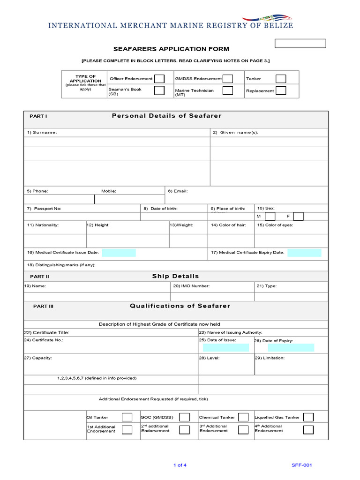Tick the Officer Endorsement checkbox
159,79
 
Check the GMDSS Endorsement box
228,79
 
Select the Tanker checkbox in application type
281,79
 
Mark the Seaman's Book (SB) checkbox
159,90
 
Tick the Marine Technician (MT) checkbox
228,90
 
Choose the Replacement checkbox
281,90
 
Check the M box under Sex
270,216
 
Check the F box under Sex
298,216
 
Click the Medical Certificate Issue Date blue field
119,253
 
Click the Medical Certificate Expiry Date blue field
304,253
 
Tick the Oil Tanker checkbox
127,417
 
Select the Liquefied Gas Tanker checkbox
308,417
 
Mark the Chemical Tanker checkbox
243,417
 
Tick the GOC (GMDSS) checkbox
185,417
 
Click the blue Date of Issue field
225,347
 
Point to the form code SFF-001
301,465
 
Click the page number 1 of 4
180,465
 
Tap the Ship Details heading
175,276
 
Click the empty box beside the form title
300,44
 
